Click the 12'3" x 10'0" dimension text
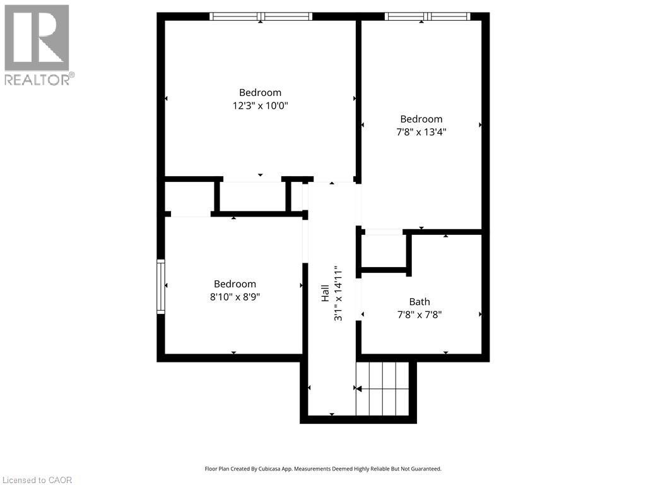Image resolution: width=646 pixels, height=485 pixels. (x=260, y=106)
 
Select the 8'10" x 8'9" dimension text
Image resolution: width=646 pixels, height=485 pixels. (x=235, y=297)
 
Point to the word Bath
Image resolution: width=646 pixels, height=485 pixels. (x=420, y=302)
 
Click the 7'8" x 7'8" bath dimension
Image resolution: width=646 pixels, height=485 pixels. (x=420, y=314)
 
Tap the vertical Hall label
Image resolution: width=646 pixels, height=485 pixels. (x=325, y=294)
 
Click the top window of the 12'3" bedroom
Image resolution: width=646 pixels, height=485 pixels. (x=261, y=16)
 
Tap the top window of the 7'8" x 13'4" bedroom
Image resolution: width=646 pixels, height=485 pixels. (x=427, y=16)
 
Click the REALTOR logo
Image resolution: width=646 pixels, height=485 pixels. (x=37, y=45)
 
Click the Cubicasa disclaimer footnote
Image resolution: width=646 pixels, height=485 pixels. (x=323, y=469)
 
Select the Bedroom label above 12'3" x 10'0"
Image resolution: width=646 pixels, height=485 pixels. (x=260, y=92)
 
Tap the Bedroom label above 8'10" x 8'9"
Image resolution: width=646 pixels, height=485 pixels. (x=235, y=284)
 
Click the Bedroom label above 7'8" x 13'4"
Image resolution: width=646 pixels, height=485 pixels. (x=421, y=119)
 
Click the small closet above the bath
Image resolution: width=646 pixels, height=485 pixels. (x=384, y=253)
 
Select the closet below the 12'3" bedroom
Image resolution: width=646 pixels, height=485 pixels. (x=252, y=196)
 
